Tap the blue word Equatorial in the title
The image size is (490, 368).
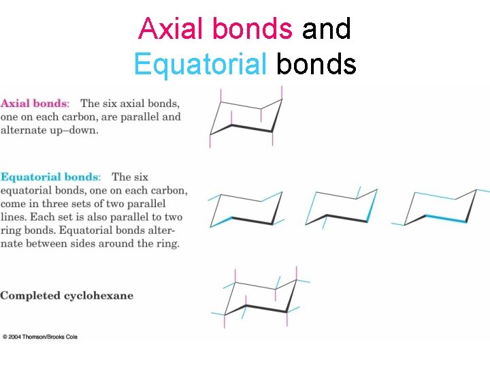click(x=200, y=64)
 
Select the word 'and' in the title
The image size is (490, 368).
click(x=326, y=29)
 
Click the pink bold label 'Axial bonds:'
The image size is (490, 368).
click(x=35, y=104)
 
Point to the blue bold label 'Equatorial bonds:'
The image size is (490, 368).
click(x=50, y=177)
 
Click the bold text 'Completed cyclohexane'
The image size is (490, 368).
click(x=67, y=296)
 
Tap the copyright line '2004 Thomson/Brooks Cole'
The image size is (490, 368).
click(x=42, y=337)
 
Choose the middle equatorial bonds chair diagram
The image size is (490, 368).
click(x=342, y=206)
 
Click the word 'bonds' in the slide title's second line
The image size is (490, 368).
click(x=316, y=64)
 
